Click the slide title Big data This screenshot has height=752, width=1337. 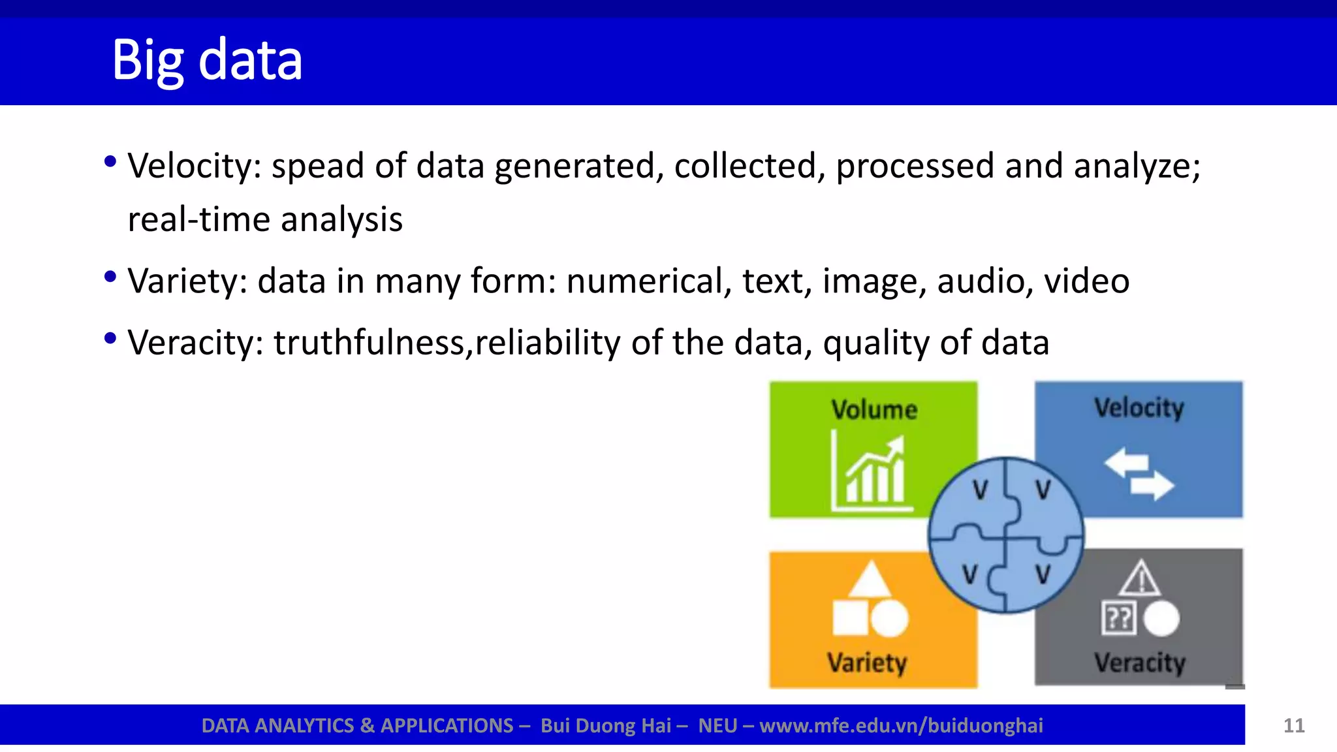coord(207,60)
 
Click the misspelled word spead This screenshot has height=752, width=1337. coord(317,166)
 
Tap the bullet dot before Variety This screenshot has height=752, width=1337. coord(110,277)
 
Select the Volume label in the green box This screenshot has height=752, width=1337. coord(874,410)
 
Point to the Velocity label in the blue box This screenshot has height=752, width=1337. coord(1139,408)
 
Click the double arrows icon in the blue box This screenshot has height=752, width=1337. coord(1139,474)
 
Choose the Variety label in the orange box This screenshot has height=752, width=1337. coord(868,663)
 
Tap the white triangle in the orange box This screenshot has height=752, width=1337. coord(870,580)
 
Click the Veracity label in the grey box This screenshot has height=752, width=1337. coord(1140,663)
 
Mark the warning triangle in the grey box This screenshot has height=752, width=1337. coord(1141,578)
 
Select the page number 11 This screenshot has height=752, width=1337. coord(1294,726)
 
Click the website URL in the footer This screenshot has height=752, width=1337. coord(902,726)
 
